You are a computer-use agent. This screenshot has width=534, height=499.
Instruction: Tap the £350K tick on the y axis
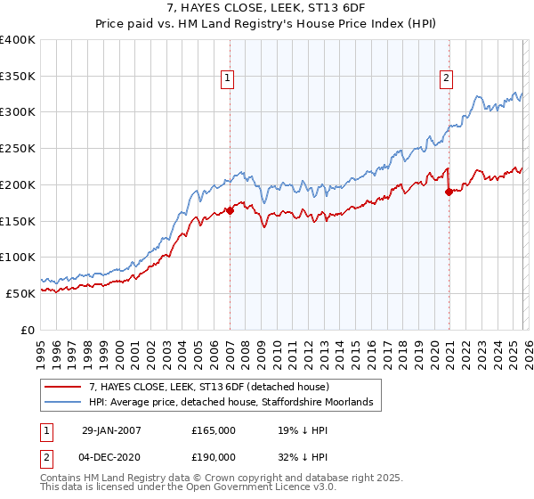click(18, 77)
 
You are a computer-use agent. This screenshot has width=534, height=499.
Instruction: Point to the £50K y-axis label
click(20, 293)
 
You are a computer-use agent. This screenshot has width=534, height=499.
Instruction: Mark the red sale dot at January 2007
click(230, 211)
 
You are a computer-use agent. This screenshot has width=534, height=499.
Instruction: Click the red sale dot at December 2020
click(449, 191)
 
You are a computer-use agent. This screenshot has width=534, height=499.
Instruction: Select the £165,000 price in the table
click(213, 430)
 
